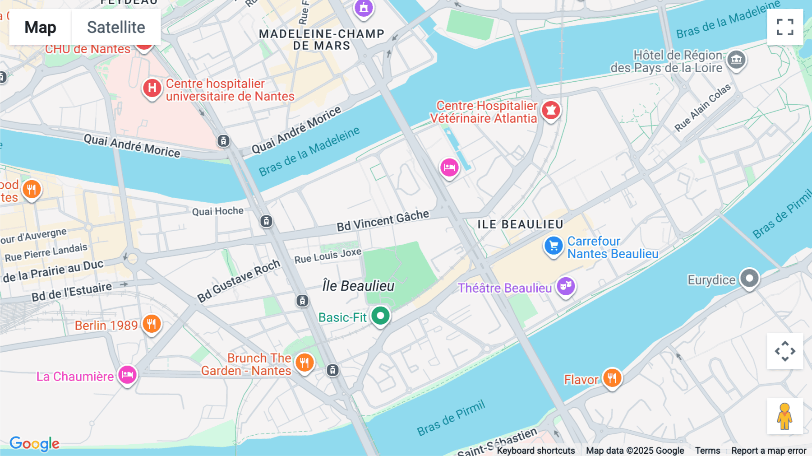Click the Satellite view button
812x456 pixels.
[116, 28]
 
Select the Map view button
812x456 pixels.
[40, 28]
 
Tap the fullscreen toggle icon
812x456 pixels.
[785, 27]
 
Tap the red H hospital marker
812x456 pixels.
[152, 88]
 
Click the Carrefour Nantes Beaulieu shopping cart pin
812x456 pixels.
[554, 246]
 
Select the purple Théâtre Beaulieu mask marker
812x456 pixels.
[565, 286]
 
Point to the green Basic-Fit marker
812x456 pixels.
[380, 316]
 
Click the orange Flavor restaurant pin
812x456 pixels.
[612, 378]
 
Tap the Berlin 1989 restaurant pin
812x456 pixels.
[152, 324]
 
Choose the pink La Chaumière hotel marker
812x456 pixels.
[127, 375]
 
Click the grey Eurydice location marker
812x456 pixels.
[749, 278]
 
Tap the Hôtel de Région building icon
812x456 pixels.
[736, 59]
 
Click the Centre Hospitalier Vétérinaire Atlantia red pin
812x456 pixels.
[551, 110]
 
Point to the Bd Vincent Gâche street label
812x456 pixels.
[383, 220]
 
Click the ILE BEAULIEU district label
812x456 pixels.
[520, 224]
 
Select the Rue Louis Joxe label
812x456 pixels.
[328, 256]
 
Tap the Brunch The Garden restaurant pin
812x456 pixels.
[304, 363]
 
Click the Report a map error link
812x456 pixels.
[768, 450]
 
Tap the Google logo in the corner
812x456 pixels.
[34, 443]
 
